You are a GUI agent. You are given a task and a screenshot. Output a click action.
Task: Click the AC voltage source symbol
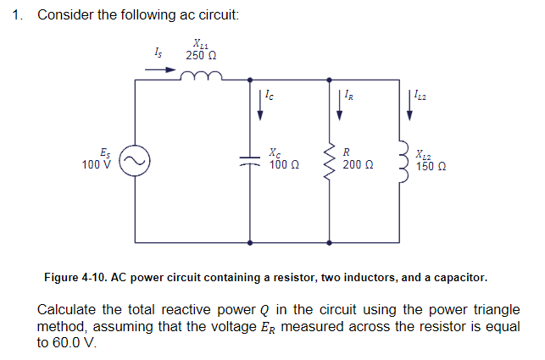[135, 159]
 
